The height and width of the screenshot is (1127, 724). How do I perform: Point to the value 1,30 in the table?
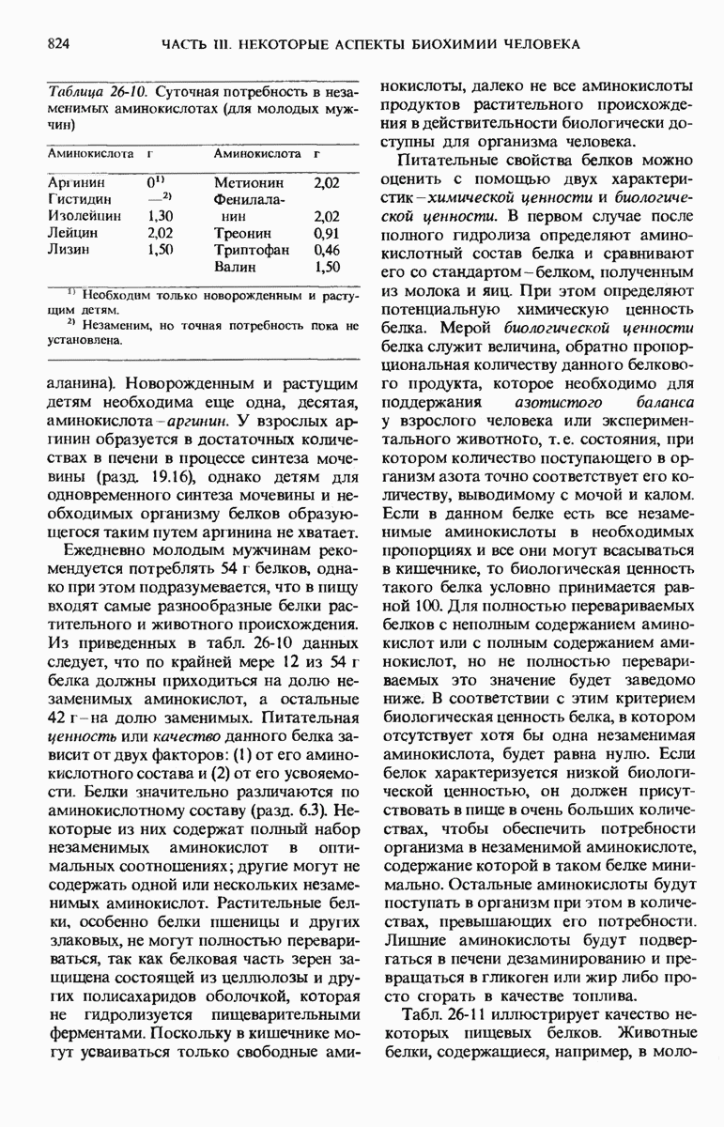click(x=160, y=215)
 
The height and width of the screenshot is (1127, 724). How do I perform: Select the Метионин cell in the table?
click(x=247, y=181)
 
